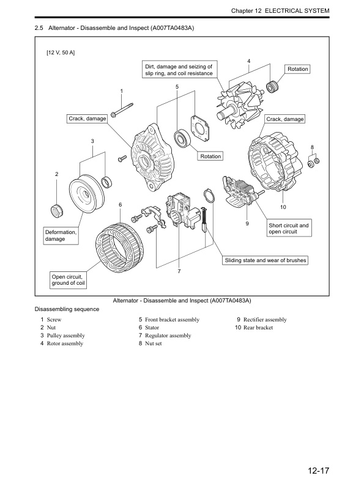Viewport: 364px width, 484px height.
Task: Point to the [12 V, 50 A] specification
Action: (x=61, y=53)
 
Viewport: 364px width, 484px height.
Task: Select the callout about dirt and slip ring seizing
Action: (x=178, y=70)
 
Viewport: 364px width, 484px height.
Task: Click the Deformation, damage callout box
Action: (x=61, y=236)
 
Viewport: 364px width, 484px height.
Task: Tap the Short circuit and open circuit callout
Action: (x=289, y=229)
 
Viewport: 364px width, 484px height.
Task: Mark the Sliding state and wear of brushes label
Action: (x=265, y=260)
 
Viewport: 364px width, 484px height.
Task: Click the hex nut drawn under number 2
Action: (x=57, y=212)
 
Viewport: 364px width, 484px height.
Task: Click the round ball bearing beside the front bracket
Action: (x=182, y=137)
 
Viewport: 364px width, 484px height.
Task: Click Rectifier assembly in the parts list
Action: (x=264, y=320)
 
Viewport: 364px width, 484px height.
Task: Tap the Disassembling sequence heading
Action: (x=67, y=309)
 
